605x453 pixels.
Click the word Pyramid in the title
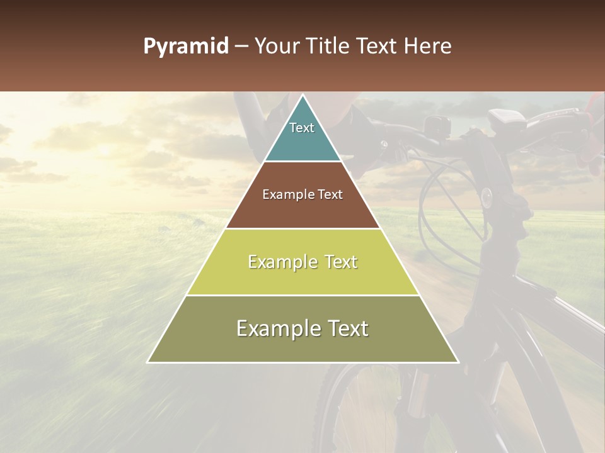point(185,47)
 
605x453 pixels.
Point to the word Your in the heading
point(278,47)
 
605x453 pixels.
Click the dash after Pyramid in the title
point(241,47)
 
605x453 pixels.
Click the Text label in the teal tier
point(302,128)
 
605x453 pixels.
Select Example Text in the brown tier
point(302,194)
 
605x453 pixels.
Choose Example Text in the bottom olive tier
point(302,328)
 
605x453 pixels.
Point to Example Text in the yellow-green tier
point(302,262)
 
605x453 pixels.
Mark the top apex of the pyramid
point(302,96)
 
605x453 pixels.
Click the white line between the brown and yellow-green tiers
point(302,228)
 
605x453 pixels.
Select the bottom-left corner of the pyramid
point(148,362)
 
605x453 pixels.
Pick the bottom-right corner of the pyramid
point(458,362)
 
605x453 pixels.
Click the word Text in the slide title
point(378,47)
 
